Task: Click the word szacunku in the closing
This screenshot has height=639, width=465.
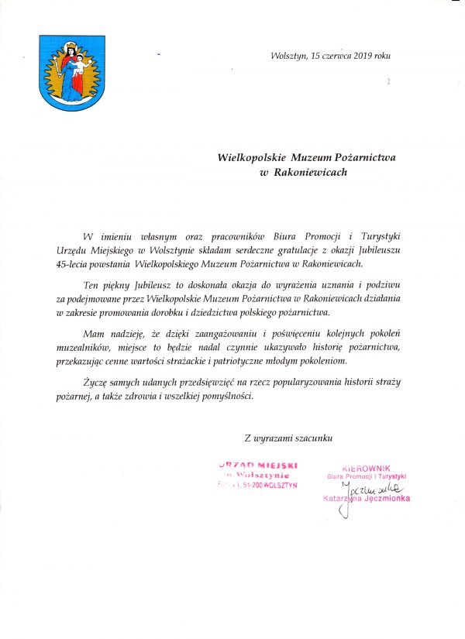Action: point(313,438)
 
